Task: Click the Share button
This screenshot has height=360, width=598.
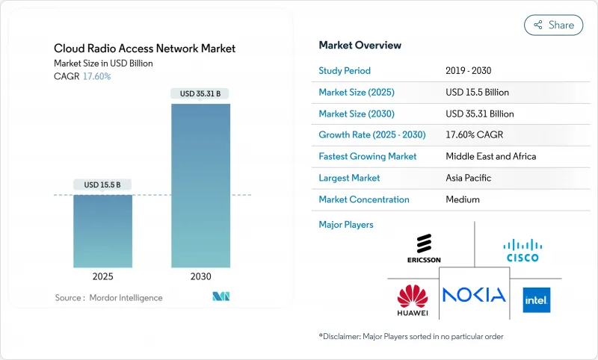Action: (x=553, y=25)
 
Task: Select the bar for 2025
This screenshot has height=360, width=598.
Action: (x=102, y=232)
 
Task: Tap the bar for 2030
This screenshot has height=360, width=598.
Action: (x=200, y=186)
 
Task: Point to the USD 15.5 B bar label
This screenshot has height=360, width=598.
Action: (x=102, y=184)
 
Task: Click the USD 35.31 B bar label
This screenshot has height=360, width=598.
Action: (x=200, y=93)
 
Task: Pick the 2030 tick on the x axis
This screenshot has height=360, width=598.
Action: (x=200, y=276)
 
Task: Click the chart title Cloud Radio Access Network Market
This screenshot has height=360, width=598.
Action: (x=144, y=49)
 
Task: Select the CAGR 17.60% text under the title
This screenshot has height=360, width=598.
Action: (x=82, y=76)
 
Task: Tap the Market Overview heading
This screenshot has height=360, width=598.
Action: (x=360, y=45)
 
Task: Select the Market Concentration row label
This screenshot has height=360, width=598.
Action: (x=364, y=199)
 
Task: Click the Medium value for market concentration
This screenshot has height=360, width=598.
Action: (x=463, y=199)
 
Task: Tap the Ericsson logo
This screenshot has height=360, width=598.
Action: (x=424, y=249)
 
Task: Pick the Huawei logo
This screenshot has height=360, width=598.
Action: (x=413, y=297)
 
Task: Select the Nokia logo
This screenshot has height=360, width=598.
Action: (x=474, y=294)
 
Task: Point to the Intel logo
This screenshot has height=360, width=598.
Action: (x=536, y=299)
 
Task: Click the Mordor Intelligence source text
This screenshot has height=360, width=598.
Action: (x=109, y=298)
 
